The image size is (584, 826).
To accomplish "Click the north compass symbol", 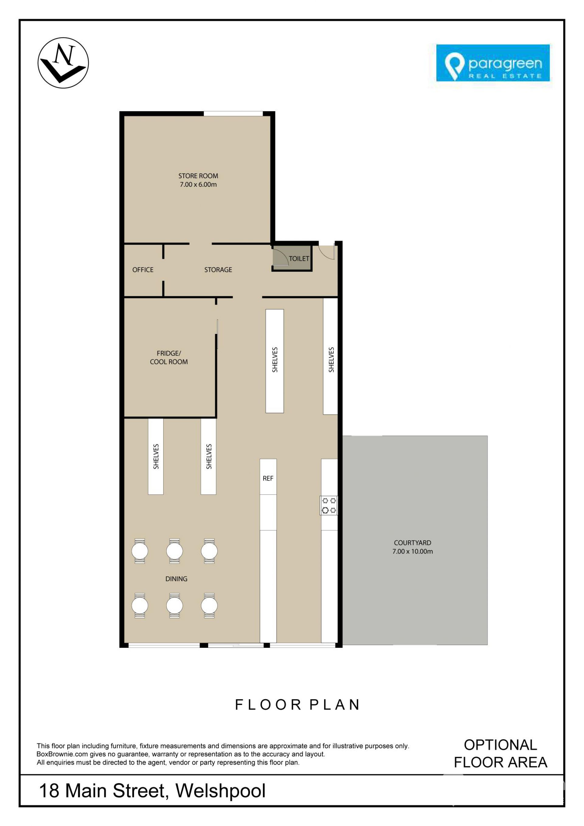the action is click(x=63, y=63).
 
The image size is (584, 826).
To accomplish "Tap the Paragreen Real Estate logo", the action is click(x=493, y=63).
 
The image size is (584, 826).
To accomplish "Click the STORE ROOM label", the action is click(x=198, y=176).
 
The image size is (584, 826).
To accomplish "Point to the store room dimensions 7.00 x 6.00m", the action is click(x=198, y=185).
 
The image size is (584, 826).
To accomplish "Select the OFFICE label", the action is click(x=143, y=269).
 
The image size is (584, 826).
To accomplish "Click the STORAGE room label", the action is click(x=218, y=269).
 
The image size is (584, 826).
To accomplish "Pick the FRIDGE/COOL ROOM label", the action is click(x=169, y=358).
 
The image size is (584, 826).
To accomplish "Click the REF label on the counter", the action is click(x=268, y=478).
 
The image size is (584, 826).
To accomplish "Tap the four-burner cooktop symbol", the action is click(x=328, y=505).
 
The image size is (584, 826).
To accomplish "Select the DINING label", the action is click(x=176, y=579).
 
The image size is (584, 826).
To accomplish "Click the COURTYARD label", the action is click(x=412, y=543).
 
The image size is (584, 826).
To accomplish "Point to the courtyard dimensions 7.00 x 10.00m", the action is click(x=412, y=551).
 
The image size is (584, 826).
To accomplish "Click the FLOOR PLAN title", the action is click(x=297, y=705).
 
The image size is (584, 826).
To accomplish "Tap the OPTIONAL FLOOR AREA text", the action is click(x=501, y=753).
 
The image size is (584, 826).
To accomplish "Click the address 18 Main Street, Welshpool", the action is click(x=152, y=790).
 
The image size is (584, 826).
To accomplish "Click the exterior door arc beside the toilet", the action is click(x=326, y=252).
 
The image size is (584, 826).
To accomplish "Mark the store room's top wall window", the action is click(x=233, y=114).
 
